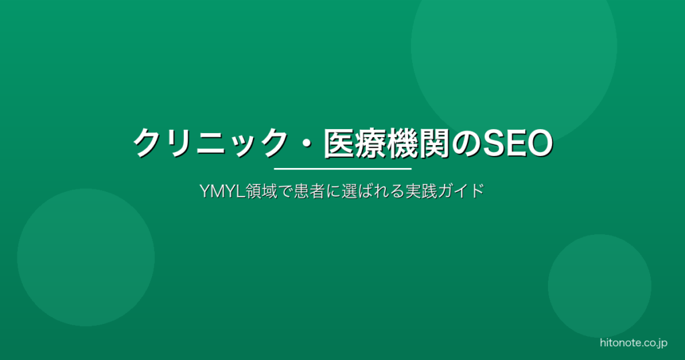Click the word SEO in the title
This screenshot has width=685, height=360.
coord(518,143)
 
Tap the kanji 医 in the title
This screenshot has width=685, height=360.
coord(339,143)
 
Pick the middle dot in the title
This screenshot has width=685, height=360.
coord(307,143)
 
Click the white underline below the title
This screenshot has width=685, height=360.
coord(342,169)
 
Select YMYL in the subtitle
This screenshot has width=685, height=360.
coord(219,191)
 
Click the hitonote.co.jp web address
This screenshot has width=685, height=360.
coord(632,343)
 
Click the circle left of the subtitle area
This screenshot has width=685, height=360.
coord(86,258)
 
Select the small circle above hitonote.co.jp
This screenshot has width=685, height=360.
coord(599,286)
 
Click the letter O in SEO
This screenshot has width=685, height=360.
coord(539,143)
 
